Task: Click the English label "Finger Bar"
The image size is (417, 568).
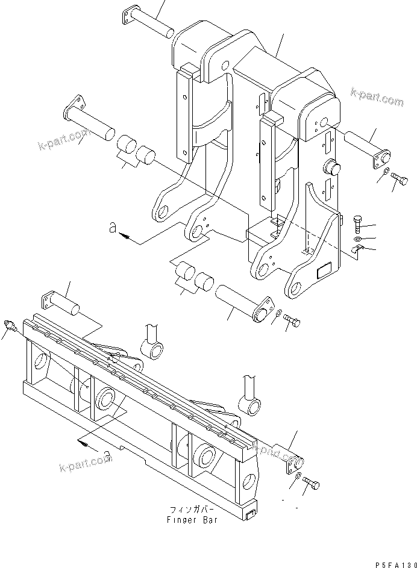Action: coord(192,520)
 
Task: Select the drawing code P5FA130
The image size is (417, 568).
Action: coord(396,564)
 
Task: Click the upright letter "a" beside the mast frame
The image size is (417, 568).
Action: coord(113,228)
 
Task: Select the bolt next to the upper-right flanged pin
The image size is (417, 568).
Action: coord(400,178)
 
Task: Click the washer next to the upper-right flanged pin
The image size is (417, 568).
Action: coord(386,172)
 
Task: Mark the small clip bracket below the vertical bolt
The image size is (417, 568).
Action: coord(357,249)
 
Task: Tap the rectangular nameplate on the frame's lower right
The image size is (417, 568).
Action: coord(324,271)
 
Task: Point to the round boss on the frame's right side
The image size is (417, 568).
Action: coord(332,169)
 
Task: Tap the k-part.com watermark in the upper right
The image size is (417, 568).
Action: coord(377,96)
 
